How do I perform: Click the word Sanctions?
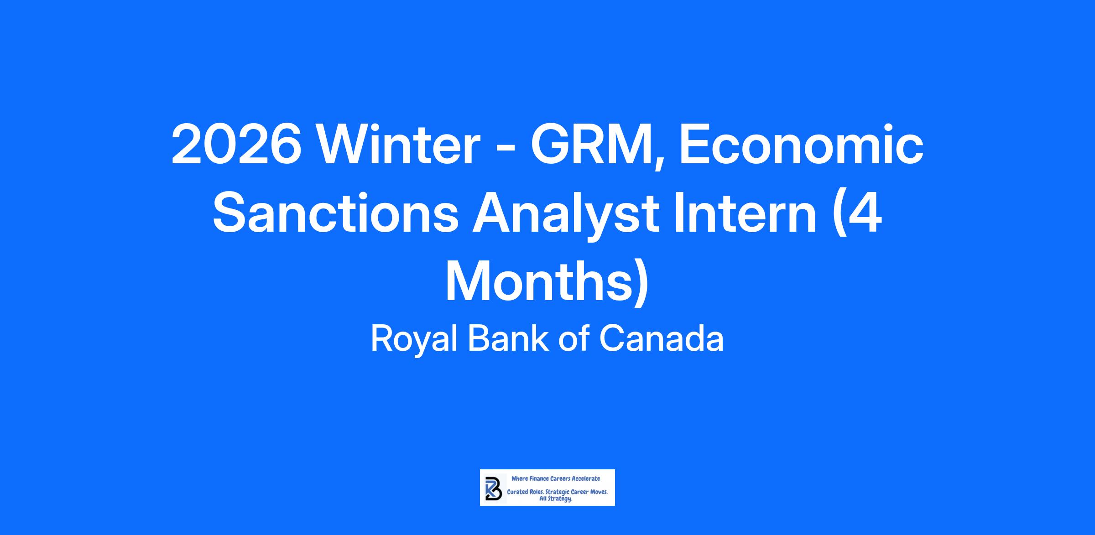pyautogui.click(x=335, y=213)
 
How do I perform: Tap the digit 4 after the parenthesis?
pyautogui.click(x=865, y=213)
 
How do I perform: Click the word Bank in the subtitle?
pyautogui.click(x=508, y=338)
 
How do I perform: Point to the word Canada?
pyautogui.click(x=661, y=338)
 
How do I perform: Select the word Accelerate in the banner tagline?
pyautogui.click(x=586, y=478)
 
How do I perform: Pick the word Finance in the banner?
pyautogui.click(x=538, y=478)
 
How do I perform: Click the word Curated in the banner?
pyautogui.click(x=517, y=493)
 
